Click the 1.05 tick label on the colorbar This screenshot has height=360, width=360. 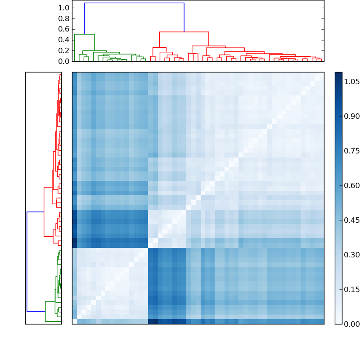click(x=352, y=81)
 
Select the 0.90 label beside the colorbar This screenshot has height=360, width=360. click(x=352, y=116)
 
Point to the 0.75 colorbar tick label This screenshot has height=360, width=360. click(x=352, y=151)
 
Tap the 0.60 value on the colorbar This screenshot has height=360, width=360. click(x=352, y=185)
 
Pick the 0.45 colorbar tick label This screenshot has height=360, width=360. click(x=352, y=220)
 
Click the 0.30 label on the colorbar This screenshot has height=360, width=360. click(x=352, y=255)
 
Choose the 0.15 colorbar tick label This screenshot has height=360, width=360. click(x=352, y=289)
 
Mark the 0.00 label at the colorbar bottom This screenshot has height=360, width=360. click(x=352, y=324)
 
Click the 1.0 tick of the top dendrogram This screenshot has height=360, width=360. click(x=64, y=8)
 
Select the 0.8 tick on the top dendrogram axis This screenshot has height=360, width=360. click(x=64, y=18)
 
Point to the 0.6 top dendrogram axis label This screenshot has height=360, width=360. click(x=64, y=29)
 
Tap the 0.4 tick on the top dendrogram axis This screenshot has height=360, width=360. click(x=64, y=40)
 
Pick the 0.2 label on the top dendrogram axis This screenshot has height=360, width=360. click(x=64, y=50)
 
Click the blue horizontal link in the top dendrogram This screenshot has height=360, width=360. click(x=134, y=3)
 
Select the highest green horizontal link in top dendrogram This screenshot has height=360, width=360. click(x=84, y=34)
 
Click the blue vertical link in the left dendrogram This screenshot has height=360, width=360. click(x=27, y=261)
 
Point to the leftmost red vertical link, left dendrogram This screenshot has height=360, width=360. click(x=44, y=211)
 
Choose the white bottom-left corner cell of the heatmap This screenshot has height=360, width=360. click(x=74, y=321)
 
